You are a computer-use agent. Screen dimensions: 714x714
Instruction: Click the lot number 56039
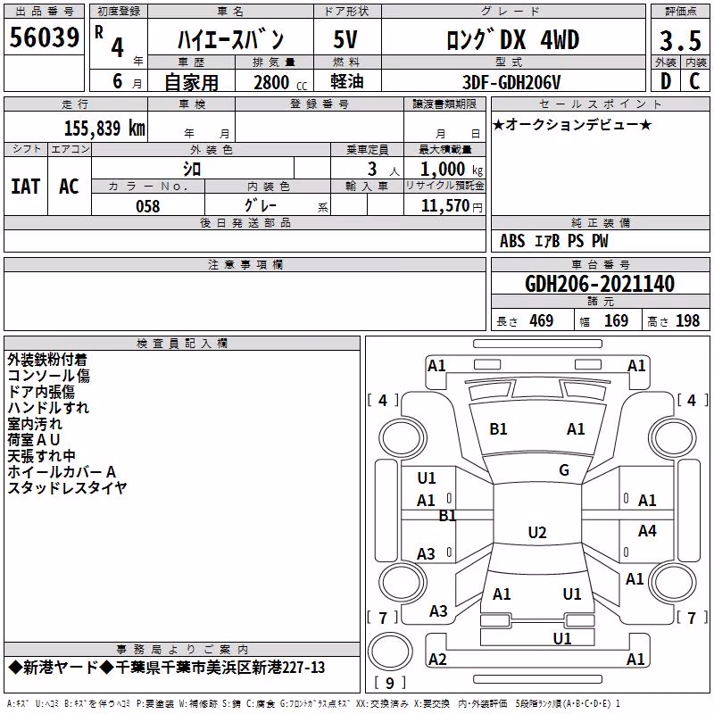click(44, 37)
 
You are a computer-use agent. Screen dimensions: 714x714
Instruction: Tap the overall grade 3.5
click(680, 40)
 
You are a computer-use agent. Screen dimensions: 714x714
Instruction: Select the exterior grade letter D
click(666, 81)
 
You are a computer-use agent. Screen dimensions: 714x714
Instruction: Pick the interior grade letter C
click(694, 81)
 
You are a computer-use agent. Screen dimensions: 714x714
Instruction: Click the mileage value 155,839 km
click(104, 129)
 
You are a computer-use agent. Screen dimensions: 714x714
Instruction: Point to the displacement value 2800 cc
click(280, 83)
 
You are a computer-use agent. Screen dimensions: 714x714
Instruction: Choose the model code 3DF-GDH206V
click(511, 82)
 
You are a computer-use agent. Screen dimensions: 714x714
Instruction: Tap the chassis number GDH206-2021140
click(599, 284)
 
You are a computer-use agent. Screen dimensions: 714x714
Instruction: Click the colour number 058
click(148, 206)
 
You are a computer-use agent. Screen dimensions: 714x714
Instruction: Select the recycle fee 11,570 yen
click(452, 206)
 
